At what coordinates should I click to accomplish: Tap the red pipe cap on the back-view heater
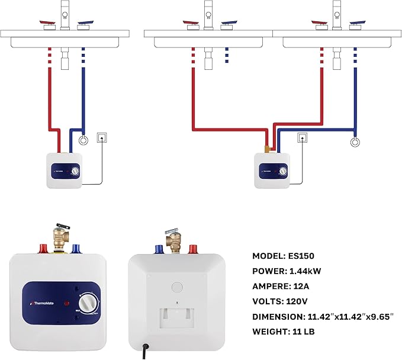click(x=192, y=248)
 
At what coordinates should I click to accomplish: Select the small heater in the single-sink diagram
click(x=65, y=171)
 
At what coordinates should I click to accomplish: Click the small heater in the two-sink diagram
click(x=272, y=171)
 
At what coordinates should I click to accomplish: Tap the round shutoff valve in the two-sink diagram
click(x=354, y=142)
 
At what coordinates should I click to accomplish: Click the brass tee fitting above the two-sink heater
click(x=267, y=145)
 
